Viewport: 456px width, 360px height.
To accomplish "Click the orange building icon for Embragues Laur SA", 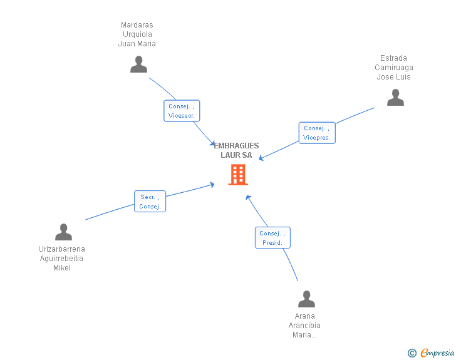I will point(238,175).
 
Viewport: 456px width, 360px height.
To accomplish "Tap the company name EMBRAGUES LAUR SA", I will point(236,150).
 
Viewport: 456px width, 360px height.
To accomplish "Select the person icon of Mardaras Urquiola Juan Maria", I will point(138,64).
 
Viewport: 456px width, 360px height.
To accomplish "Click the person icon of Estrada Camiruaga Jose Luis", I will point(395,98).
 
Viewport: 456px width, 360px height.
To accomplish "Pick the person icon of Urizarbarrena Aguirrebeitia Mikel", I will point(63,232).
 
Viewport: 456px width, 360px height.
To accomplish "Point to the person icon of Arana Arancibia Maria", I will point(306,299).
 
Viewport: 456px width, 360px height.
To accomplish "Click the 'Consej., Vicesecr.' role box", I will point(182,111).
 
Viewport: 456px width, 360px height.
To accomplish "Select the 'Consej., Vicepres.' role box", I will point(316,133).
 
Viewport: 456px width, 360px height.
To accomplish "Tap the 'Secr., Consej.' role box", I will point(150,202).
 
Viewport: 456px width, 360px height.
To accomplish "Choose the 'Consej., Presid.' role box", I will point(272,238).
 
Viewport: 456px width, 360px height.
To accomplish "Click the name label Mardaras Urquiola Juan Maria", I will point(137,34).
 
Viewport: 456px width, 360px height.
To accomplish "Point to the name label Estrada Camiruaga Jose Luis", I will point(394,68).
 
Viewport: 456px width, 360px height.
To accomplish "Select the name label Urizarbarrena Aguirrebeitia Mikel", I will point(61,259).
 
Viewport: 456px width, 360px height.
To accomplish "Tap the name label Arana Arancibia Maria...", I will point(304,326).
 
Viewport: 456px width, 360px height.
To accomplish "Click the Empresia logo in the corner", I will point(437,352).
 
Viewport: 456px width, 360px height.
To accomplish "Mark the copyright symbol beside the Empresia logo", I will point(412,353).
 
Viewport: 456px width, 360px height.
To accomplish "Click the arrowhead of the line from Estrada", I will point(261,158).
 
